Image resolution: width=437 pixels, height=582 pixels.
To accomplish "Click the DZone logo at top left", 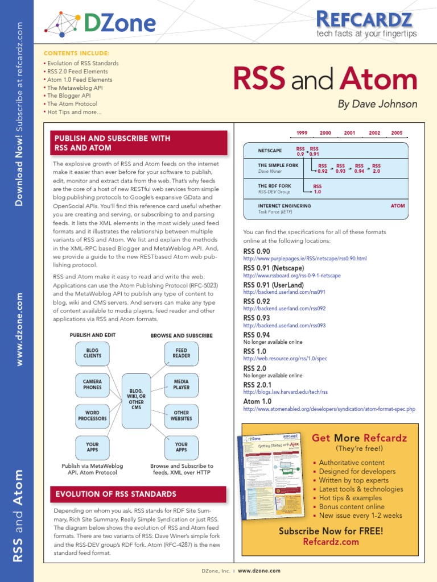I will pos(100,23).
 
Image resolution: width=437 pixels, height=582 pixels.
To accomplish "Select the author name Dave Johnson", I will pos(377,104).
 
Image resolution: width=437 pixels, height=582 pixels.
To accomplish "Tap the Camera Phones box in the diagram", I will pos(92,385).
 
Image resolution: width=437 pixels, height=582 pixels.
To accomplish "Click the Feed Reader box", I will pos(181,354).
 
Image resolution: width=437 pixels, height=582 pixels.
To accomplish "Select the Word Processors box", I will pos(92,416).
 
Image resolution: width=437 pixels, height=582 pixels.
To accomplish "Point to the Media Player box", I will pos(181,385).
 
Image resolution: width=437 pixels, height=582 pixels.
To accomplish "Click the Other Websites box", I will pos(181,416).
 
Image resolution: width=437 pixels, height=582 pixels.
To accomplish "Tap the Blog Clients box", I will pos(92,354).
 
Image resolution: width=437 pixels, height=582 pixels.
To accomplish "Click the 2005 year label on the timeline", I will pos(397,133).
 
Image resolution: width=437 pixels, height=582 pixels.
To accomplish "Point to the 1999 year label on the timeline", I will pos(302,133).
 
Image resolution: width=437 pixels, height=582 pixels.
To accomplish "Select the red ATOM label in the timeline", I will pos(398,206).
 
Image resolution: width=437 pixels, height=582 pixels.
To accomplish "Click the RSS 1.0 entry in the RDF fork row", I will pos(318,189).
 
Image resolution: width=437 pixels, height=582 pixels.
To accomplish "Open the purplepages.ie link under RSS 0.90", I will pos(304,259).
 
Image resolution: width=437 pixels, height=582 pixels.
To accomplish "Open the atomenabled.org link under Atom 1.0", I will pos(329,409).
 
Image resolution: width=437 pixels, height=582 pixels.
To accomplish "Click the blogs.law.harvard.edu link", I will pos(285,392).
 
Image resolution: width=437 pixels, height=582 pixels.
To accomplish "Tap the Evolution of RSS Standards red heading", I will pos(116,494).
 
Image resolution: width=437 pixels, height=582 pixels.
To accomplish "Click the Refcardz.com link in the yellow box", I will pos(331,542).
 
